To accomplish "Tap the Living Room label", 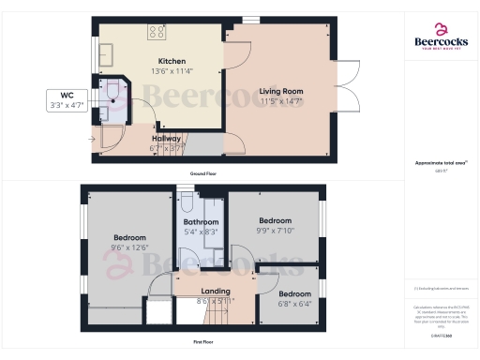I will pyautogui.click(x=281, y=91).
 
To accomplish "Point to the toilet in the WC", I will pyautogui.click(x=112, y=91).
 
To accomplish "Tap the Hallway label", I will pyautogui.click(x=166, y=137).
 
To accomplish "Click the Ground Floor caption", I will pyautogui.click(x=204, y=174).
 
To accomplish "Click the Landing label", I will pyautogui.click(x=216, y=292).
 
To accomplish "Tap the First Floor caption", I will pyautogui.click(x=204, y=341).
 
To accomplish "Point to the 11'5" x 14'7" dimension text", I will pyautogui.click(x=281, y=101).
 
